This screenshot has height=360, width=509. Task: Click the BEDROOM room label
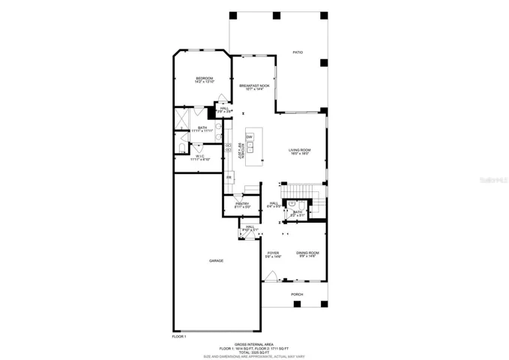pyautogui.click(x=204, y=79)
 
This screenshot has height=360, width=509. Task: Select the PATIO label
pyautogui.click(x=298, y=53)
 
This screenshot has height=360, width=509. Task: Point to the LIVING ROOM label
pyautogui.click(x=300, y=151)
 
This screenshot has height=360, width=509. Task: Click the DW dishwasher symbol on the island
pyautogui.click(x=249, y=136)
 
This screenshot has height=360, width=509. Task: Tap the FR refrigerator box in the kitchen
pyautogui.click(x=229, y=177)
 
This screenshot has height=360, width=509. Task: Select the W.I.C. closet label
pyautogui.click(x=200, y=157)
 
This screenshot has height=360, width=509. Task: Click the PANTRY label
pyautogui.click(x=242, y=204)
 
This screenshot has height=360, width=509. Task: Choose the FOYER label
pyautogui.click(x=274, y=253)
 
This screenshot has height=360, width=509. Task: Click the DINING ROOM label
pyautogui.click(x=307, y=253)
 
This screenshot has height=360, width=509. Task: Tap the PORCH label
pyautogui.click(x=298, y=295)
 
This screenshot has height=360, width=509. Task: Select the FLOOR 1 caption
pyautogui.click(x=179, y=337)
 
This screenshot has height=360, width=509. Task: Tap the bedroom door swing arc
pyautogui.click(x=198, y=110)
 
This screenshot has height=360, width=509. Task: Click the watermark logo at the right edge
pyautogui.click(x=494, y=180)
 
